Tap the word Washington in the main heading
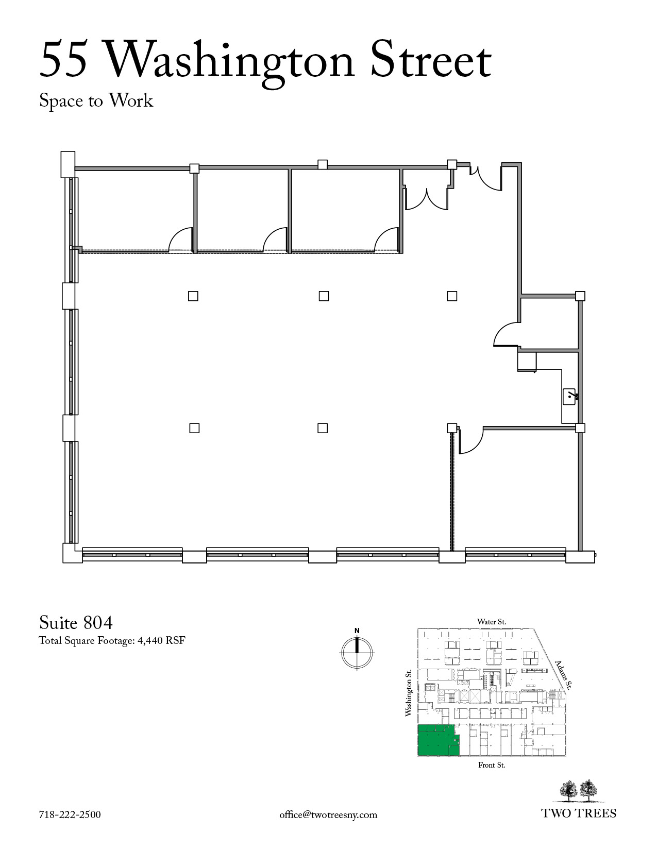tap(229, 62)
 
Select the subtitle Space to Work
tap(96, 100)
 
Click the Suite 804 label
tap(76, 622)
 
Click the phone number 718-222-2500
tap(70, 814)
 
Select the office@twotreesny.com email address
tap(328, 815)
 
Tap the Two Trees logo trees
tap(579, 791)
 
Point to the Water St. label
tap(492, 622)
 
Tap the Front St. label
tap(492, 764)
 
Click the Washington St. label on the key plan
tap(409, 692)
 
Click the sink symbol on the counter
tap(569, 397)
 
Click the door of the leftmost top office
tap(180, 239)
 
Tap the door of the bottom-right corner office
tap(471, 441)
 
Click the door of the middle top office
tap(275, 239)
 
